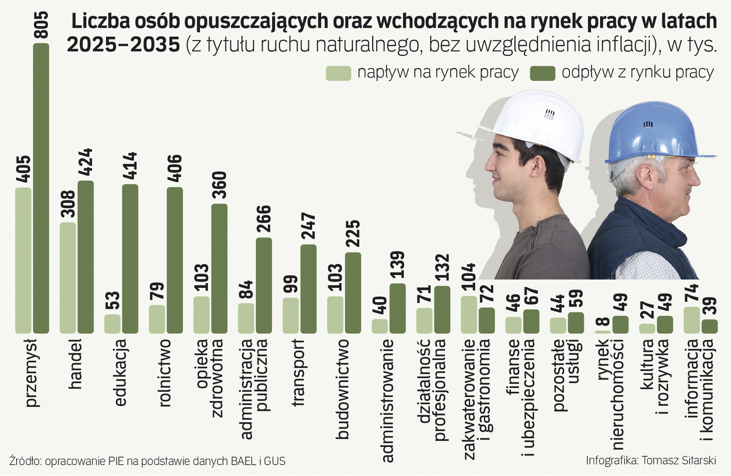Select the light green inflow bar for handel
click(x=67, y=278)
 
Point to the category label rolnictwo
click(x=164, y=372)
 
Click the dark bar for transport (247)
click(x=308, y=289)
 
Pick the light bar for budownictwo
click(x=335, y=315)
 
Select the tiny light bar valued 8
click(x=602, y=331)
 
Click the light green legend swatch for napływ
click(x=338, y=73)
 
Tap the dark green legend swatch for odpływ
click(x=543, y=73)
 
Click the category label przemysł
click(x=32, y=375)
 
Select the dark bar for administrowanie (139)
click(x=397, y=308)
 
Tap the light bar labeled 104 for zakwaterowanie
click(x=469, y=315)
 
